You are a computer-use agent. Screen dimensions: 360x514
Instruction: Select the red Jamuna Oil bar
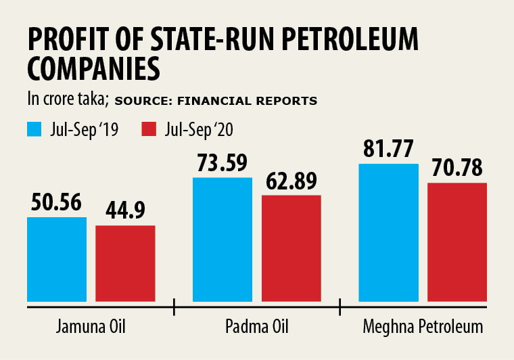125,263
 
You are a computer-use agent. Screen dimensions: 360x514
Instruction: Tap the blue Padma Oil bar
223,240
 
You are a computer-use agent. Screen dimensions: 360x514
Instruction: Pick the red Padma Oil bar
291,248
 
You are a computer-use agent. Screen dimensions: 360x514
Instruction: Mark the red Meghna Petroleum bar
457,242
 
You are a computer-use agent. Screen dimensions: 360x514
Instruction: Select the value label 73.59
223,163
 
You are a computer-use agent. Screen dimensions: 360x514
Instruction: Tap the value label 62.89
291,181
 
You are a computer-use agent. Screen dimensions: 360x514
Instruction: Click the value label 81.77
388,150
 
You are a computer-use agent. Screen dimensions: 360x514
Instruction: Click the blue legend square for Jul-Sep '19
34,129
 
